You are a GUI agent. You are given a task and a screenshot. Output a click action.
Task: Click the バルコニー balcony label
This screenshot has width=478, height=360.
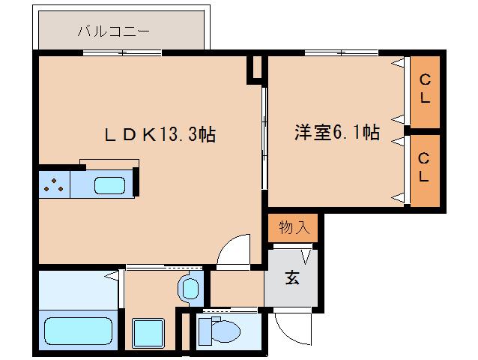(x=113, y=31)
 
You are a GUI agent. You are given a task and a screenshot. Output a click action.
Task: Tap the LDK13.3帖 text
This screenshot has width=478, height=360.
(x=160, y=135)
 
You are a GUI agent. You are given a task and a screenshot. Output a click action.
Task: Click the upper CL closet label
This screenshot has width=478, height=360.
(x=424, y=88)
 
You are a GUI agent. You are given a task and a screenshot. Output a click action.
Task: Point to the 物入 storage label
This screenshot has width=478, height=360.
(x=293, y=227)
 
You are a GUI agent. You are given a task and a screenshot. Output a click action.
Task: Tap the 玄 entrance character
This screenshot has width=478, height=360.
(x=291, y=278)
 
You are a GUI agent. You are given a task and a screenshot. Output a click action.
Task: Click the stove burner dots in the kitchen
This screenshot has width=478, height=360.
(x=52, y=185)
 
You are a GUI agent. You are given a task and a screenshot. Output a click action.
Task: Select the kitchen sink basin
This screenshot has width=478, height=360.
(x=109, y=185)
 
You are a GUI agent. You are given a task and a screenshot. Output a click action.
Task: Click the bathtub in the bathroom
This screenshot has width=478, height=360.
(x=77, y=330)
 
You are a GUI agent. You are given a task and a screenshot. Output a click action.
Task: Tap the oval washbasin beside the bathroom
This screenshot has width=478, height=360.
(x=190, y=287)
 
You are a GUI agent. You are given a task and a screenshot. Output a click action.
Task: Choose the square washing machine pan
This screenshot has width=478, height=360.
(x=148, y=331)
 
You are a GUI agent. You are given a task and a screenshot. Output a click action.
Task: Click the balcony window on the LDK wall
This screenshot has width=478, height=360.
(x=122, y=52)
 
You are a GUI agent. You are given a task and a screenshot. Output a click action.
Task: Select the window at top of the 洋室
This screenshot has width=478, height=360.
(x=341, y=52)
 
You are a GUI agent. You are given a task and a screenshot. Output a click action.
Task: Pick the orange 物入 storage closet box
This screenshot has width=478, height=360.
(x=293, y=227)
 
